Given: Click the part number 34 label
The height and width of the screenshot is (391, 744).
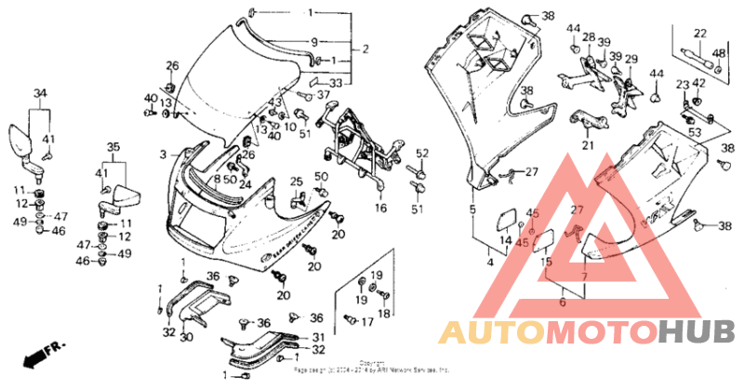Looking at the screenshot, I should (39, 93).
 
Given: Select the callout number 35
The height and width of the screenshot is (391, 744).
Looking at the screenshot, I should (114, 146).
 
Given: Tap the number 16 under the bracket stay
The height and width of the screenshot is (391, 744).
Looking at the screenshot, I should (380, 209).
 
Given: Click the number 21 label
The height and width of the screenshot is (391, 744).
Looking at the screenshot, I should (587, 145).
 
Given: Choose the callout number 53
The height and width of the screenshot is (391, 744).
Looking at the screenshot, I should (694, 134).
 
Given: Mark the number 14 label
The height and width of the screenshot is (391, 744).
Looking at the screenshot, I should (505, 240).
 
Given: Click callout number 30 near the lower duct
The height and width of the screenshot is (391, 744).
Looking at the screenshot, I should (185, 337).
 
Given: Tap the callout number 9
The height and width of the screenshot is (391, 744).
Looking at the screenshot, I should (314, 42).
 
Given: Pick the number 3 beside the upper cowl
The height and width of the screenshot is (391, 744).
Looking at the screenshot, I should (162, 155).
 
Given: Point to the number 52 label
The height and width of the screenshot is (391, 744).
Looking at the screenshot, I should (420, 154).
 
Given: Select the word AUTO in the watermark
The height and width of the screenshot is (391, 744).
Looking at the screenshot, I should (489, 332).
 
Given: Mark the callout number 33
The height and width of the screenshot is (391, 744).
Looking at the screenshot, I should (335, 84).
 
